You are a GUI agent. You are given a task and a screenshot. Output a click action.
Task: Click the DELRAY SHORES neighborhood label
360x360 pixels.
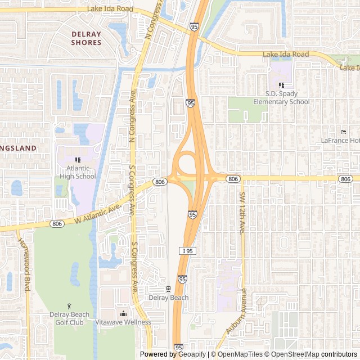87,38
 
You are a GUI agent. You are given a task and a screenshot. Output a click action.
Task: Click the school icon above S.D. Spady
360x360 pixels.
281,85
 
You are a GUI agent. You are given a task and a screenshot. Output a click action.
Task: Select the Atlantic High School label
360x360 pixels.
78,172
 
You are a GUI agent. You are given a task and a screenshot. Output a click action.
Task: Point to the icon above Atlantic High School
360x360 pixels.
78,160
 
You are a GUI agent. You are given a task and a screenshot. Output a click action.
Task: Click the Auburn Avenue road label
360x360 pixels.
237,313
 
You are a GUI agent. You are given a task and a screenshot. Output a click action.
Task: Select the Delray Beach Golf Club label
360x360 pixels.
70,318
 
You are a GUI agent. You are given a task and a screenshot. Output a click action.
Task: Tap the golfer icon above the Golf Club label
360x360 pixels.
70,306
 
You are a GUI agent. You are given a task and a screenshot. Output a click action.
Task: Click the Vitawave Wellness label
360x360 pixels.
123,322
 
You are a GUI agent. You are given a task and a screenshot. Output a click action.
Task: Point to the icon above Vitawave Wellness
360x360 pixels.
123,313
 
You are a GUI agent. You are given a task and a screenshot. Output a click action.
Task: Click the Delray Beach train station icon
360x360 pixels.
168,289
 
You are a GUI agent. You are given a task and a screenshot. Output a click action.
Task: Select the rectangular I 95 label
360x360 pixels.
188,250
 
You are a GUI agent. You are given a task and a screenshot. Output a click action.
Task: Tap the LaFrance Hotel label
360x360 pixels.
340,140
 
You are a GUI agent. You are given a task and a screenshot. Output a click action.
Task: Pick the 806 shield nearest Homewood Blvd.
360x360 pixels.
57,223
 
